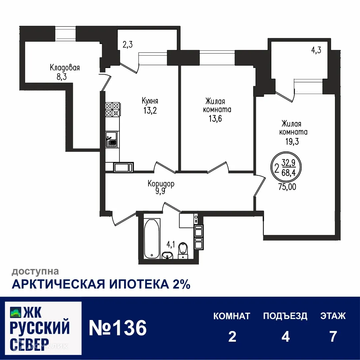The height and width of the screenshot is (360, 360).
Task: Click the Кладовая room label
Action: pyautogui.click(x=65, y=68)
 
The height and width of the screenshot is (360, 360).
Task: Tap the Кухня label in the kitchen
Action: pyautogui.click(x=150, y=101)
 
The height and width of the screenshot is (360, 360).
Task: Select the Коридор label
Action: pyautogui.click(x=161, y=183)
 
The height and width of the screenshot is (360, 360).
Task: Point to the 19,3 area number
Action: pyautogui.click(x=292, y=141)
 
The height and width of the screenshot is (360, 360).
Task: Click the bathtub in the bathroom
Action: pyautogui.click(x=152, y=238)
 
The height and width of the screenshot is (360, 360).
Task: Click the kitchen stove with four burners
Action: pyautogui.click(x=112, y=109)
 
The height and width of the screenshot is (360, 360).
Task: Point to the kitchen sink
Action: pyautogui.click(x=111, y=139)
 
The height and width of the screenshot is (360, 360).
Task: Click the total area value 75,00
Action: pyautogui.click(x=287, y=187)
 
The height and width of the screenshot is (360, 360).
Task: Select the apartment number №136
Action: pyautogui.click(x=118, y=328)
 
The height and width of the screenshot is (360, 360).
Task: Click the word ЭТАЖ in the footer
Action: pyautogui.click(x=333, y=316)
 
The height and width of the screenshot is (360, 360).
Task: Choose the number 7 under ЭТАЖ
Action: pyautogui.click(x=333, y=337)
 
